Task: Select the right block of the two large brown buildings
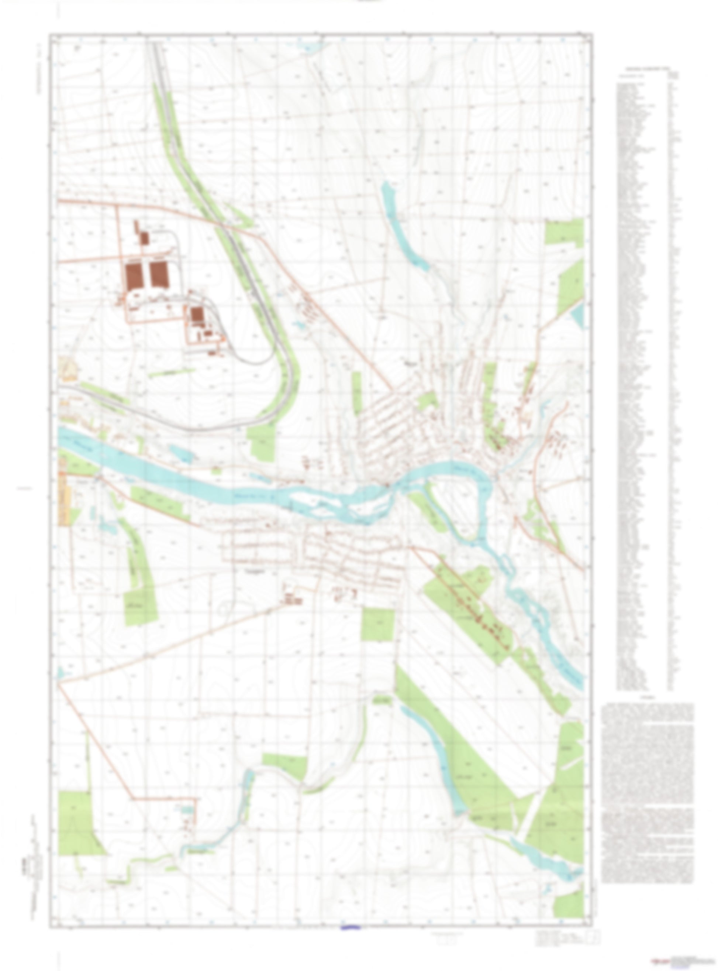158,274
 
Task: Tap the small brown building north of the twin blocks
144,237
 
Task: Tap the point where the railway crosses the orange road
223,225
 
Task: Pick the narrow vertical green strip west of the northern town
356,394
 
